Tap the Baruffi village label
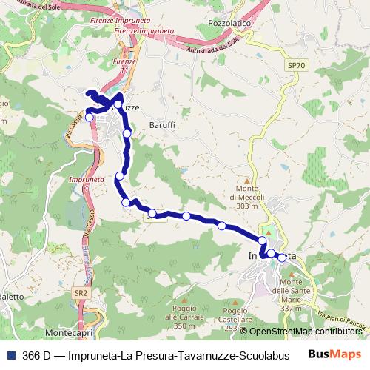click(x=162, y=125)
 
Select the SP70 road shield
click(x=296, y=66)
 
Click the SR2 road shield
click(x=81, y=293)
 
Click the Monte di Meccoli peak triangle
click(x=247, y=179)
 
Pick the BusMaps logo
click(x=332, y=354)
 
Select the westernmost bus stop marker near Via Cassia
click(x=90, y=117)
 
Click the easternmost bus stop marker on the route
click(x=282, y=258)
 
